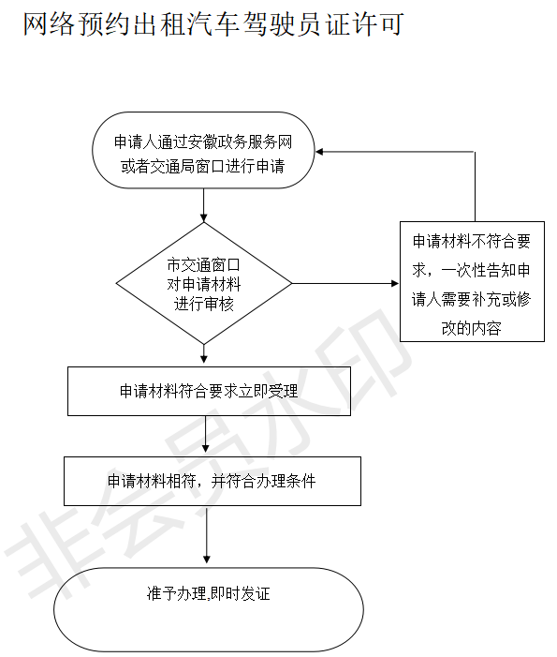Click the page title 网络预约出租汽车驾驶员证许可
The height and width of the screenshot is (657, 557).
tap(213, 23)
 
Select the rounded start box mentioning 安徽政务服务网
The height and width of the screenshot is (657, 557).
tap(203, 150)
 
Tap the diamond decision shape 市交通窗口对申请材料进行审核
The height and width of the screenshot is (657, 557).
tap(204, 283)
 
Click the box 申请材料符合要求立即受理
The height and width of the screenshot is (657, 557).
tap(210, 392)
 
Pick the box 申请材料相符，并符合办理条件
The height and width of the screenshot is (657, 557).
tap(213, 481)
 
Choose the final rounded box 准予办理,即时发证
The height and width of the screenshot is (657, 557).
tap(209, 609)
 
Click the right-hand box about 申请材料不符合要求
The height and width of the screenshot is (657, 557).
tap(472, 281)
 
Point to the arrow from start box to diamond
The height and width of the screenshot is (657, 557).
tap(204, 205)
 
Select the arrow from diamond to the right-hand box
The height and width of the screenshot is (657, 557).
tap(345, 284)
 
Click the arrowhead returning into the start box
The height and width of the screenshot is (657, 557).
tap(319, 152)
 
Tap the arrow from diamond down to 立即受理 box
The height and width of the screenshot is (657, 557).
tap(204, 353)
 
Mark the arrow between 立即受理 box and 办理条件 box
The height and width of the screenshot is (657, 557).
tap(205, 434)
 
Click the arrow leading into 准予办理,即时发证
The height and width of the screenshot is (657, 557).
tap(206, 534)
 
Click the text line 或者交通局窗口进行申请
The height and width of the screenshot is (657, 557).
tap(203, 166)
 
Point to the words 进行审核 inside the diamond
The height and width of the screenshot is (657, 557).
tap(204, 304)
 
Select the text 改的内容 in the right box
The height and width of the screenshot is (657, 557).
tap(472, 328)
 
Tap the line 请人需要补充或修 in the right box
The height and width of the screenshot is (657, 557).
tap(472, 299)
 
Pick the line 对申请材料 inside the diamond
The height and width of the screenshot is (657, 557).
tap(204, 285)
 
